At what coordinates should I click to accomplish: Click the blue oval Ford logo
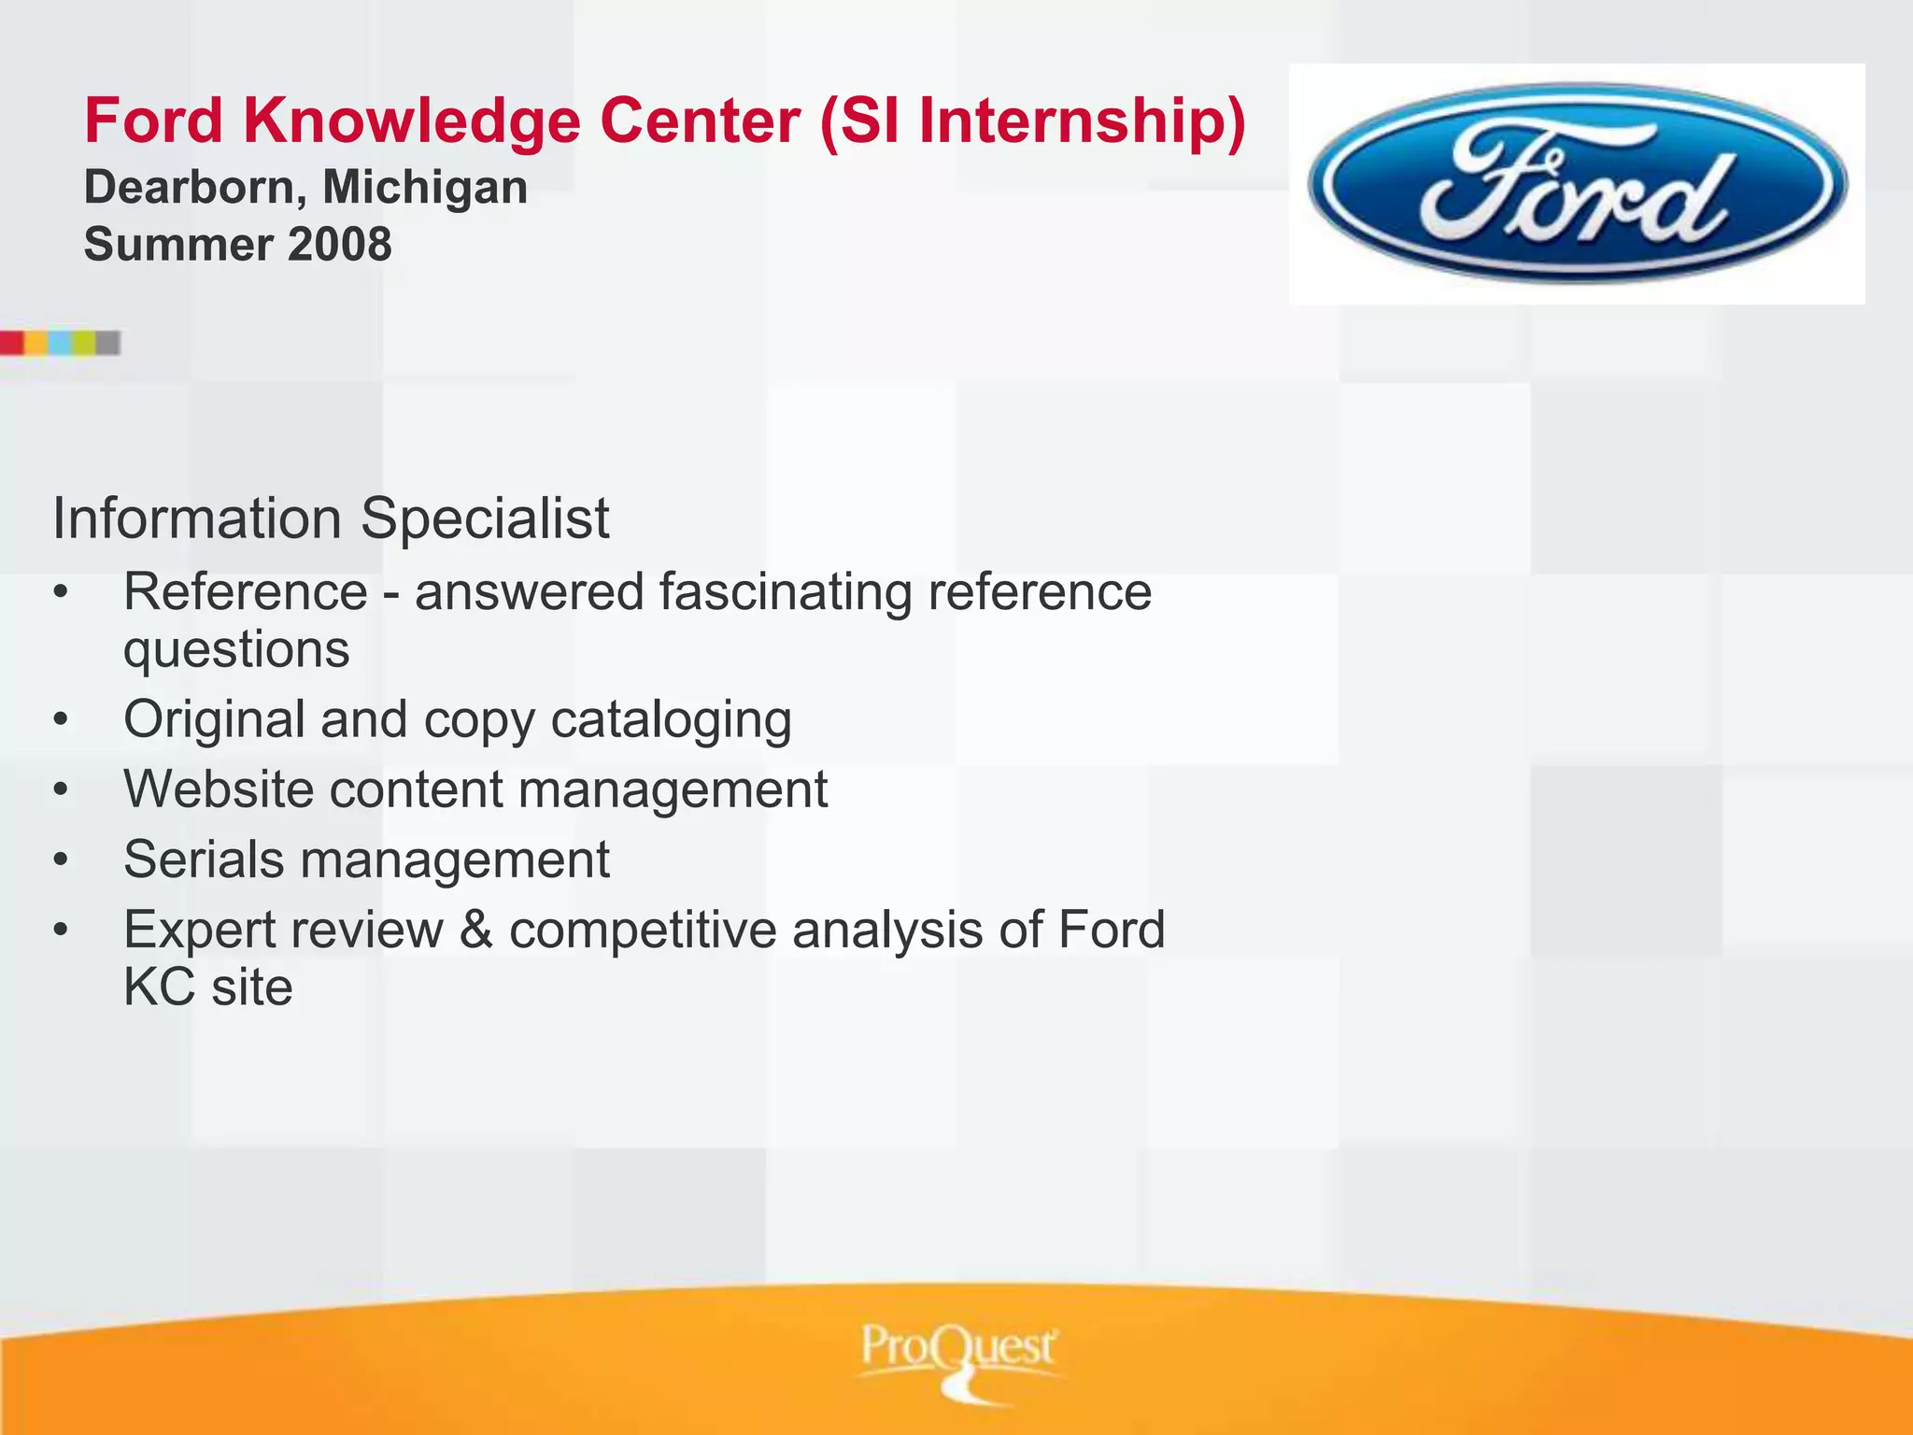[1577, 183]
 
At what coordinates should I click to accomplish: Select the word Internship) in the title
[1083, 121]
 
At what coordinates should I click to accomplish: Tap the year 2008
[340, 245]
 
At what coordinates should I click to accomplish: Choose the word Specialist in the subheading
[485, 519]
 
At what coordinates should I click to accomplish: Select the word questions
[236, 650]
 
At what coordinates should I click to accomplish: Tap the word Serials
[204, 860]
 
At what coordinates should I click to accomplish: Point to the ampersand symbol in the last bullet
[475, 931]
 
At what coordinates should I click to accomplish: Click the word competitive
[643, 931]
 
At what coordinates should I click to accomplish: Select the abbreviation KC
[159, 987]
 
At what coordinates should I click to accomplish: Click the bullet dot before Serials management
[61, 860]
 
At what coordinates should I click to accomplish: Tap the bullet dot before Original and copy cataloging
[61, 719]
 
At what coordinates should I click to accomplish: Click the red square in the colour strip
[11, 343]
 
